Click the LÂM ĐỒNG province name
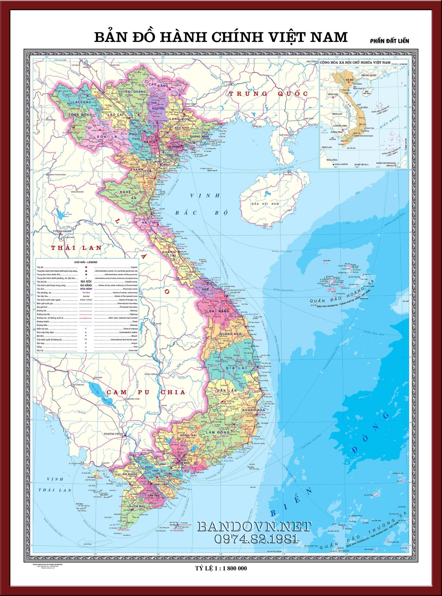click(218, 432)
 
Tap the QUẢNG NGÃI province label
click(231, 334)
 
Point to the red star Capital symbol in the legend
click(86, 267)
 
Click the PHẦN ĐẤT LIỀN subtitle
click(390, 41)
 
